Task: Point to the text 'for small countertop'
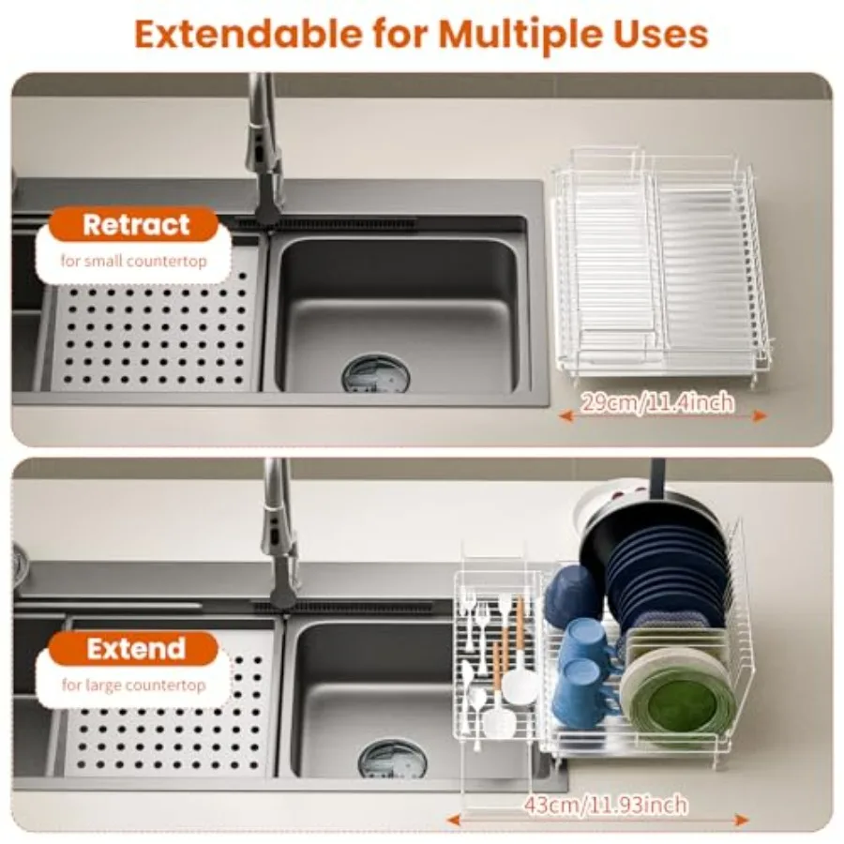point(133,261)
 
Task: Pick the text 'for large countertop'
point(133,686)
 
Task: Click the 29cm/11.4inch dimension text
point(657,402)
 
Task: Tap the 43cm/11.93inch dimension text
point(606,806)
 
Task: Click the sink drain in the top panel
point(376,372)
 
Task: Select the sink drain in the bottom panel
point(392,759)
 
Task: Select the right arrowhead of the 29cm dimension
point(760,415)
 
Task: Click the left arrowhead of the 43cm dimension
point(454,821)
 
